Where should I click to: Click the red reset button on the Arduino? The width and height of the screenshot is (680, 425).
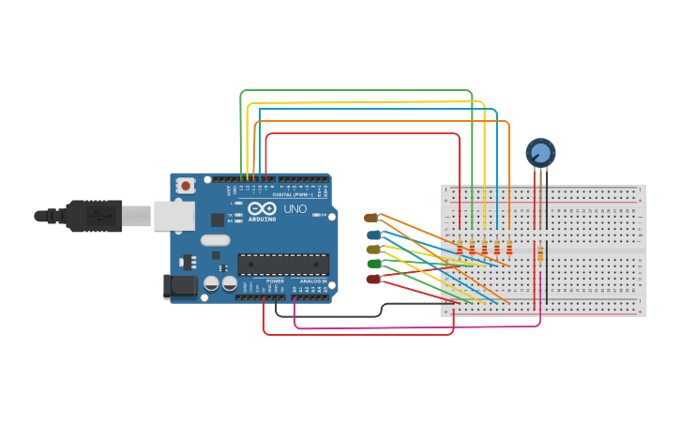pyautogui.click(x=186, y=185)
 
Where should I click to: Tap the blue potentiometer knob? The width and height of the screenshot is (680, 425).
pyautogui.click(x=540, y=152)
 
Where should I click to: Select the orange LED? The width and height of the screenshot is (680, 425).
pyautogui.click(x=371, y=217)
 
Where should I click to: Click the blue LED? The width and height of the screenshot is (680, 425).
pyautogui.click(x=373, y=234)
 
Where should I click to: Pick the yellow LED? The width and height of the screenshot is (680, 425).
pyautogui.click(x=373, y=249)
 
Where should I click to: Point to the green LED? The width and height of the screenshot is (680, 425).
pyautogui.click(x=373, y=264)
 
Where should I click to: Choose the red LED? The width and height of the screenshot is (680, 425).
pyautogui.click(x=373, y=279)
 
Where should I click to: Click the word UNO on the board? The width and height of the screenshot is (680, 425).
pyautogui.click(x=295, y=208)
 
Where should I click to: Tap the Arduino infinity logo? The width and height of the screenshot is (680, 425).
pyautogui.click(x=263, y=208)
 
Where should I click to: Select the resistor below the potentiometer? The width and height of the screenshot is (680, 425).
pyautogui.click(x=540, y=253)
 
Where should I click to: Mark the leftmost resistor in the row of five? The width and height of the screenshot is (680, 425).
pyautogui.click(x=460, y=247)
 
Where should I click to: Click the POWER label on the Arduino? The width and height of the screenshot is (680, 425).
pyautogui.click(x=275, y=281)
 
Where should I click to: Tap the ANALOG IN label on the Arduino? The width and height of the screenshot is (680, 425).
pyautogui.click(x=313, y=281)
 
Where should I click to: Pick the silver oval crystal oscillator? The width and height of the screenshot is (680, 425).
pyautogui.click(x=215, y=239)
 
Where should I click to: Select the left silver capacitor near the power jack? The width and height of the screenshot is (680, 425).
pyautogui.click(x=212, y=282)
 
